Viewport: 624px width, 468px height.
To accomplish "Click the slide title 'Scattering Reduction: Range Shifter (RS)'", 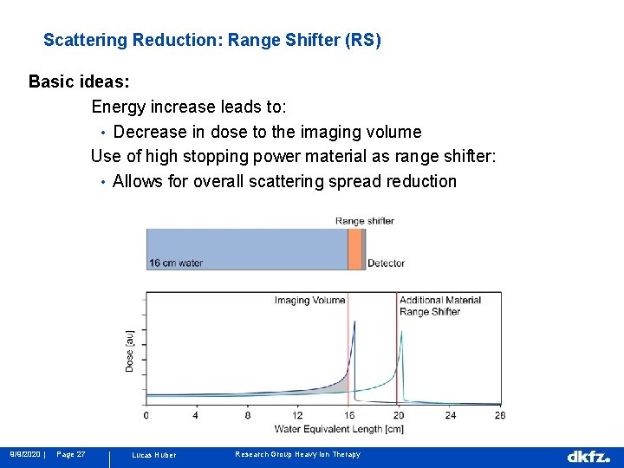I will click(211, 41).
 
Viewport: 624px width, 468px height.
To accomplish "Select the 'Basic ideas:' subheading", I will click(79, 82).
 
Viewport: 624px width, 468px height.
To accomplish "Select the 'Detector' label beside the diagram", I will click(386, 263).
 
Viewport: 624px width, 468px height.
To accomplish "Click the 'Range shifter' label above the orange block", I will click(364, 221).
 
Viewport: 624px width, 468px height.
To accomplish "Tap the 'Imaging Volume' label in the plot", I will click(309, 301).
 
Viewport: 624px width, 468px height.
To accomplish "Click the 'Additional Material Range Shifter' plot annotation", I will click(439, 306).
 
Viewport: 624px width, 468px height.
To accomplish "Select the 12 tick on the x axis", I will click(297, 415).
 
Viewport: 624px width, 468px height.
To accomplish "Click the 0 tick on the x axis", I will click(146, 415).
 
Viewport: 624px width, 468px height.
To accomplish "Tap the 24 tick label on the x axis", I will click(450, 415).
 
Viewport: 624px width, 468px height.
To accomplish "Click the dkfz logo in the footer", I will click(588, 456).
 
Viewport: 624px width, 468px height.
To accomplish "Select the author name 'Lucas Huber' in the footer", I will click(153, 455).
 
